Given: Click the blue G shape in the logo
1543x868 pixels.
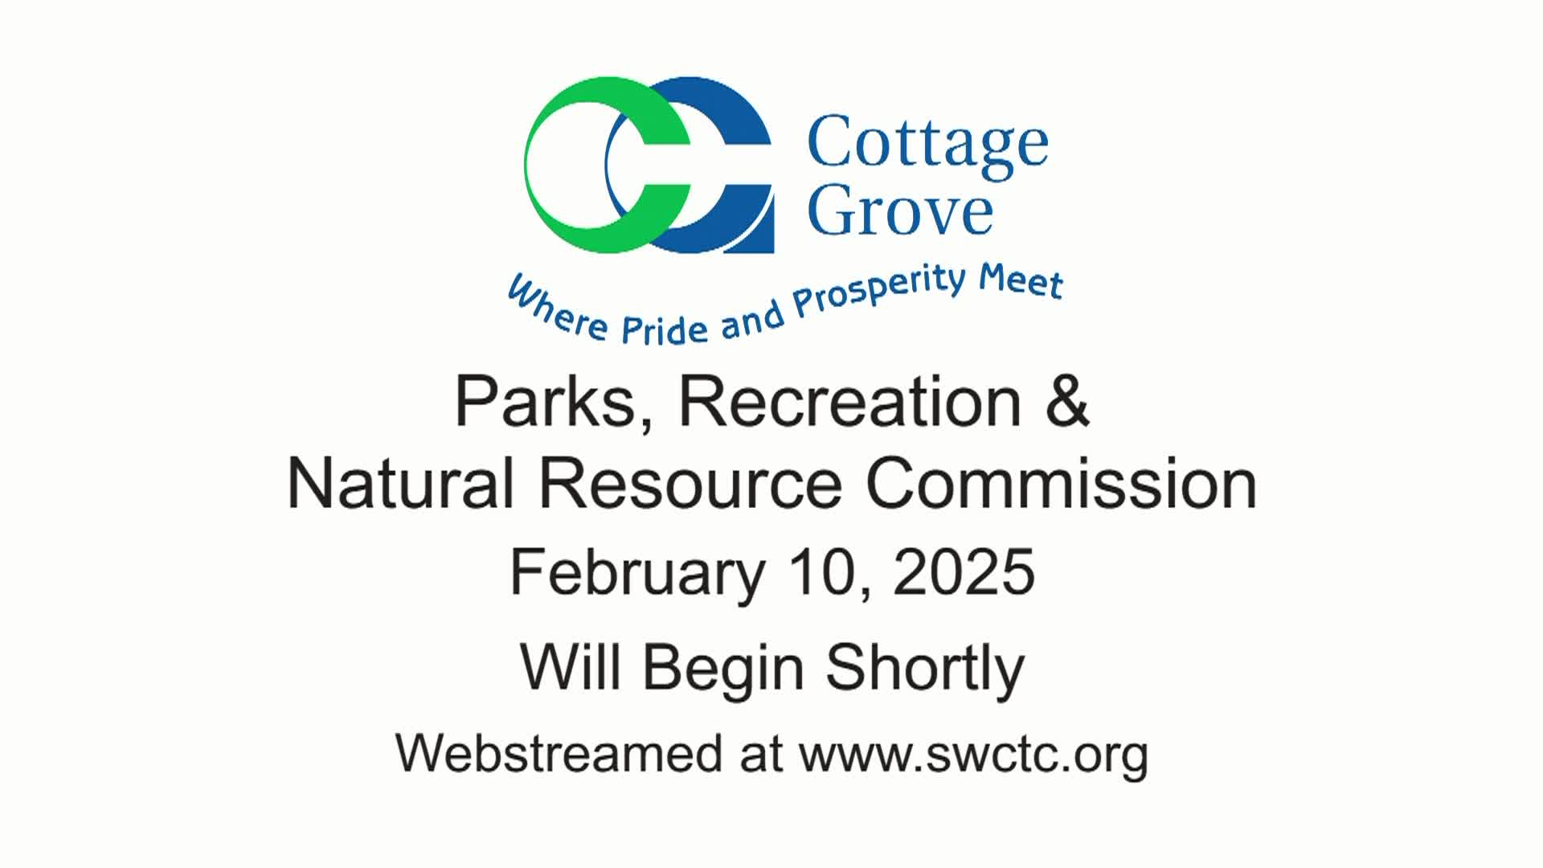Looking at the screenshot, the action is pos(747,217).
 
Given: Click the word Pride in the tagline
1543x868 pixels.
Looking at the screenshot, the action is pos(665,328).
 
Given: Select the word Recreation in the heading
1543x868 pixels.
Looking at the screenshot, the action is pos(850,402).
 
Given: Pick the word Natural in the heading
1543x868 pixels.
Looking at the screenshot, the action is pos(400,484).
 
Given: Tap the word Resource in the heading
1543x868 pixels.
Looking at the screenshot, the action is pos(690,485).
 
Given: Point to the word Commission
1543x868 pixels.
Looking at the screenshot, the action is pos(1062,484).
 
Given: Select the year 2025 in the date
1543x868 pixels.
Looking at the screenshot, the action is pos(964,571).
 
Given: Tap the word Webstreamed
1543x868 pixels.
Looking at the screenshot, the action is pos(559,754).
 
